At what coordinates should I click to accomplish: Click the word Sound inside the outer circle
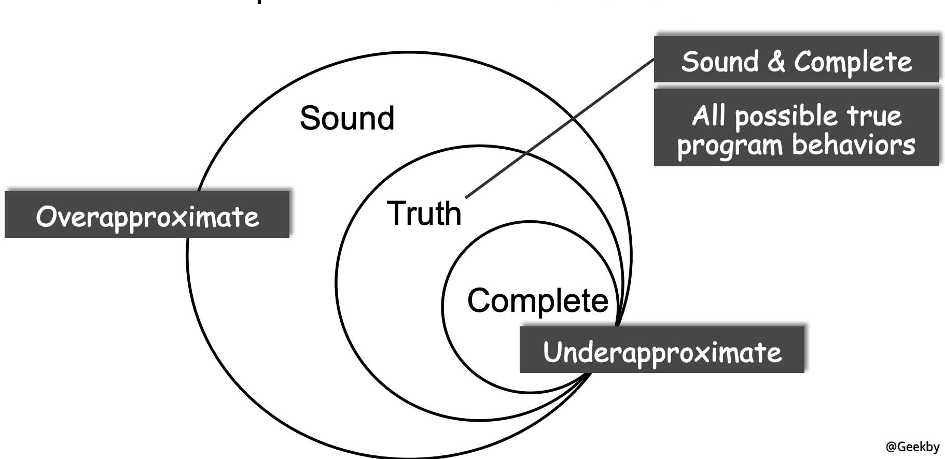[347, 118]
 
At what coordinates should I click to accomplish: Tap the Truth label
[424, 213]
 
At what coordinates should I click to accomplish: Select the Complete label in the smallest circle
[537, 300]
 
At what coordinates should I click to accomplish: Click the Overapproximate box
[147, 215]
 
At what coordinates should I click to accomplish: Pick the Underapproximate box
[662, 351]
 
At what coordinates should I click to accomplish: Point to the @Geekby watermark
[912, 447]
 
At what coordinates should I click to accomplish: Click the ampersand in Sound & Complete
[776, 62]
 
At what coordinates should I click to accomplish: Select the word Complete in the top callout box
[853, 62]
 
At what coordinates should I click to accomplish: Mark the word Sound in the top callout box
[720, 62]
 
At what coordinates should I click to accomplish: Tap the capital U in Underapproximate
[553, 352]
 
